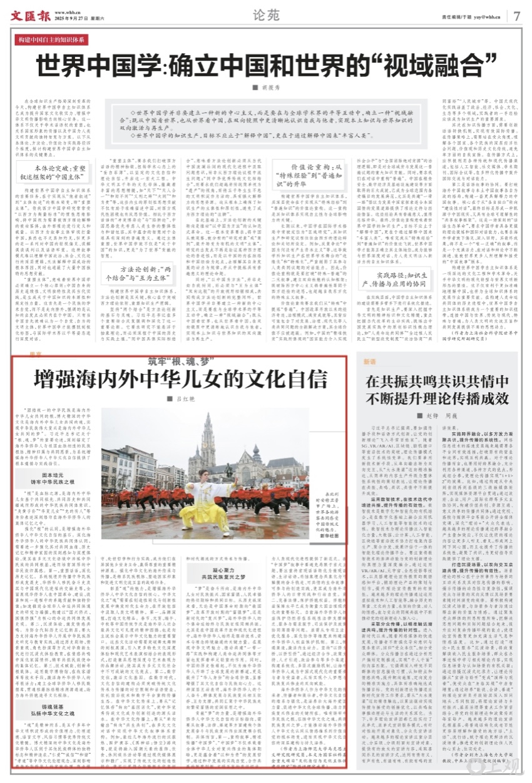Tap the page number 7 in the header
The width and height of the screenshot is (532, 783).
tap(516, 15)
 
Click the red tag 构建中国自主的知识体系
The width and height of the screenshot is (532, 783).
tap(53, 40)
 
